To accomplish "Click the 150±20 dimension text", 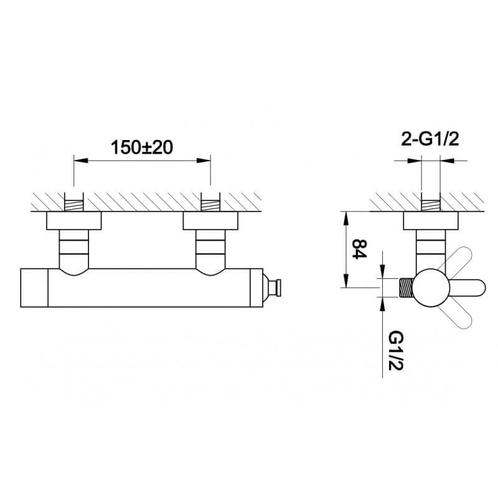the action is tap(142, 148).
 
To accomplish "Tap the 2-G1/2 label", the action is tap(430, 139).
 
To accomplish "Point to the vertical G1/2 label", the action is tap(396, 350).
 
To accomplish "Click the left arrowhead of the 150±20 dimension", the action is tap(80, 161).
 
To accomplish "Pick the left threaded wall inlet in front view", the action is tap(74, 202).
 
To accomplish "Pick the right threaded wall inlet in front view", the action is tap(210, 202).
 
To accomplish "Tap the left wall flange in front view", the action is tap(74, 220).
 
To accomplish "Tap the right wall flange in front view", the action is tap(210, 220).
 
